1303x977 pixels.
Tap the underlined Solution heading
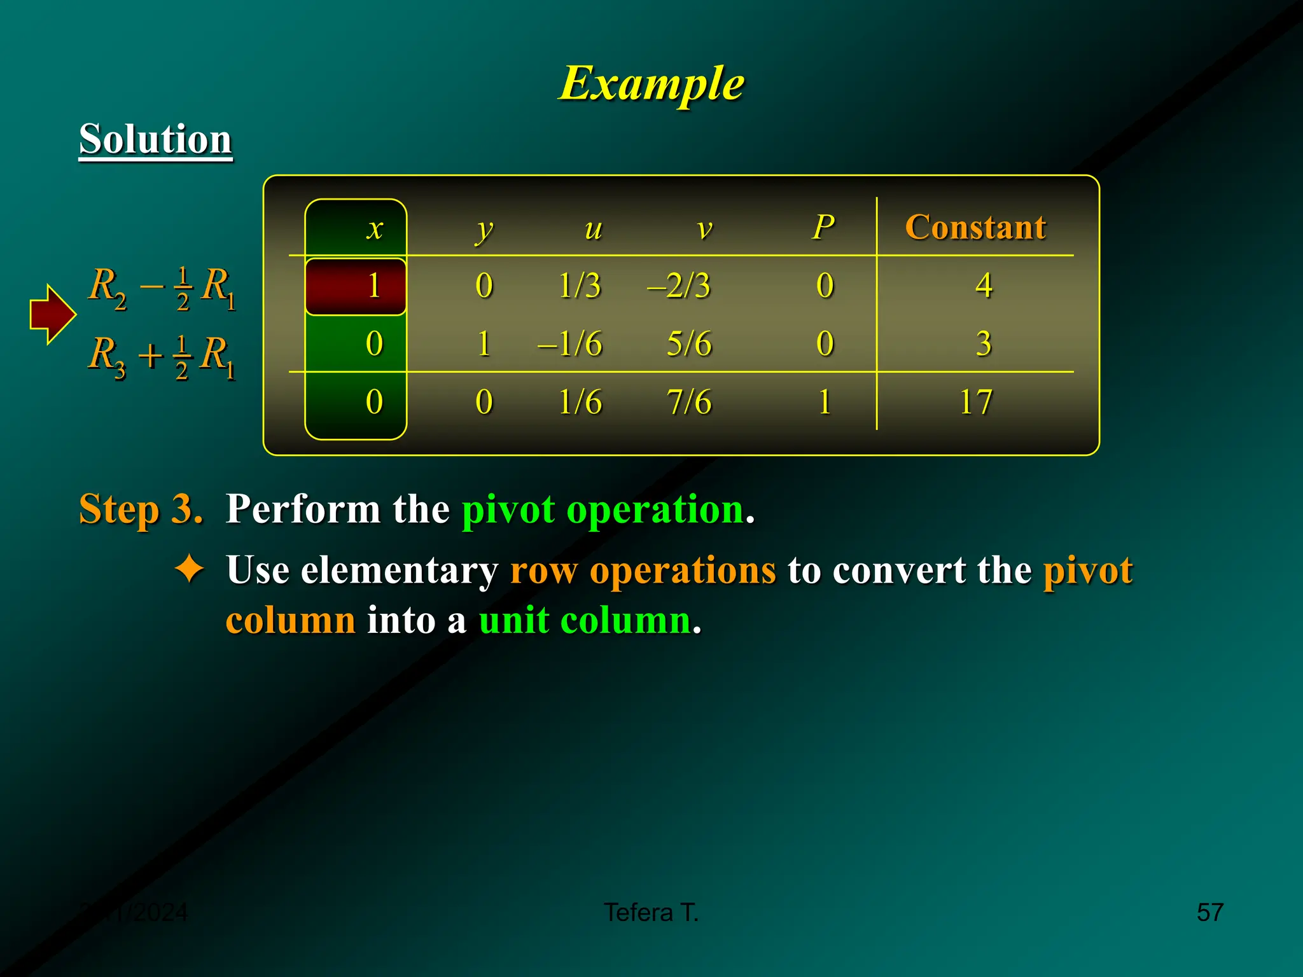click(155, 139)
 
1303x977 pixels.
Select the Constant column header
click(975, 227)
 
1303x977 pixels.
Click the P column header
click(823, 227)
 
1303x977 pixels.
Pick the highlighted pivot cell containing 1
click(356, 286)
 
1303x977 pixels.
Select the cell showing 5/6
click(689, 344)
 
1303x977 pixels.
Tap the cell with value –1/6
click(570, 344)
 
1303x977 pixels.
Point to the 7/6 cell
click(689, 402)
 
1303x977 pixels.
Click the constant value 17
click(975, 402)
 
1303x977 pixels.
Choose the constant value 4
click(984, 286)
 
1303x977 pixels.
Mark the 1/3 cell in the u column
click(579, 286)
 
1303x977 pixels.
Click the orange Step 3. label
click(141, 509)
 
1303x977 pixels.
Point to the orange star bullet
click(190, 569)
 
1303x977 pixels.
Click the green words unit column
click(585, 620)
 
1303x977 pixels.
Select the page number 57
click(1209, 912)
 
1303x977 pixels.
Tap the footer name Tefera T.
click(651, 912)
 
